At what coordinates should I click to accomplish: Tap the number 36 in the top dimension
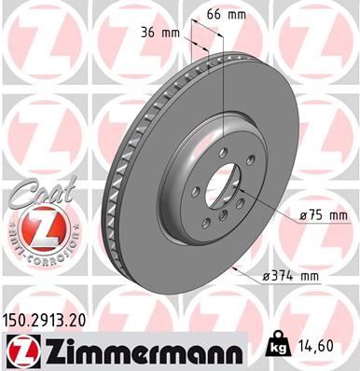pyautogui.click(x=147, y=32)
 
